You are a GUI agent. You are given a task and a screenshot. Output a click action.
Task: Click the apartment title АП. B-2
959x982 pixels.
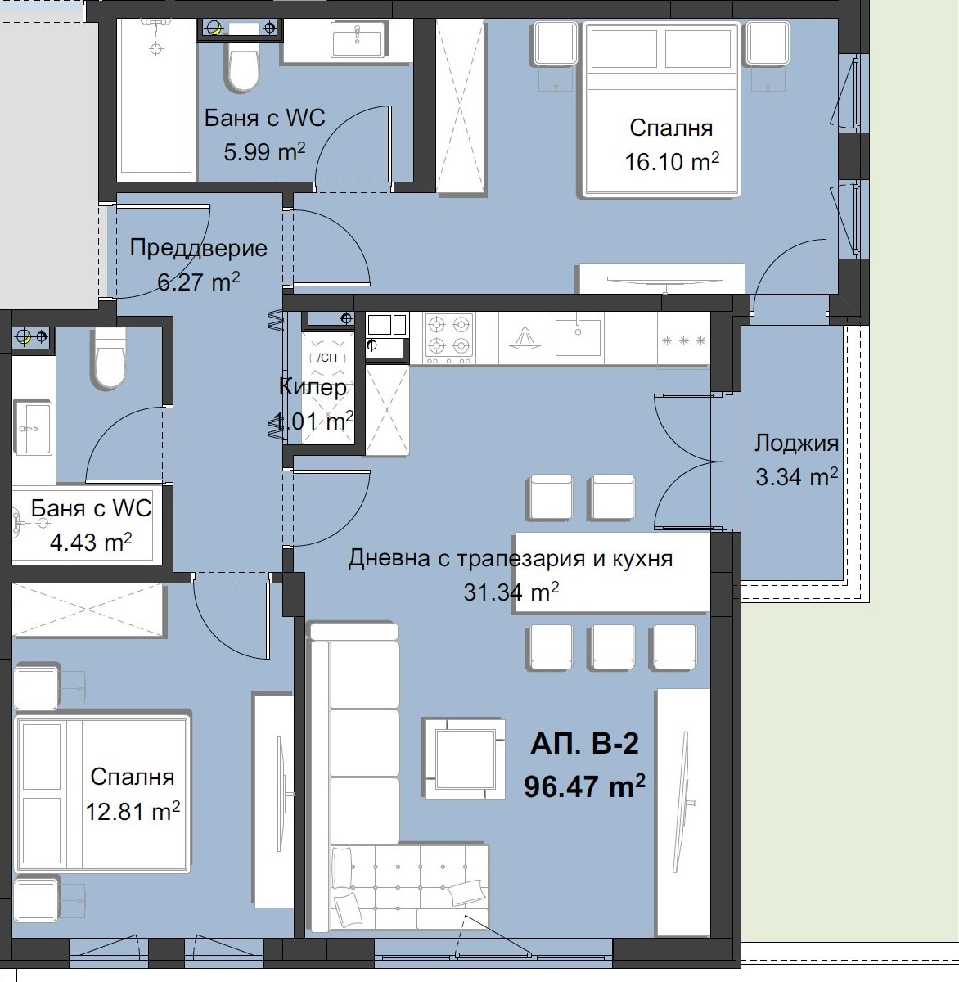click(584, 744)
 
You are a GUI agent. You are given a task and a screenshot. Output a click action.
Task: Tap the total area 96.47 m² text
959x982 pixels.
click(584, 786)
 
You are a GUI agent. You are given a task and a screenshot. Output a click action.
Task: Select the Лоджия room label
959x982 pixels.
click(796, 443)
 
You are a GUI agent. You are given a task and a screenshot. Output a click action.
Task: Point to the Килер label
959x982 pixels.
click(313, 387)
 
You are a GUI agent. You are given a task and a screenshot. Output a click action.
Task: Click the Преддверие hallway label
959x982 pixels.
click(198, 248)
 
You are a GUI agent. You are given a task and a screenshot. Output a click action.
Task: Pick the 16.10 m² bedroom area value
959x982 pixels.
click(672, 162)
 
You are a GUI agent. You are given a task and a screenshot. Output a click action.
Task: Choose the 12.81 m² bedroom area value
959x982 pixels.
click(133, 812)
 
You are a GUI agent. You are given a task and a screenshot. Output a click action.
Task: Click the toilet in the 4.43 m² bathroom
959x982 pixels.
click(109, 358)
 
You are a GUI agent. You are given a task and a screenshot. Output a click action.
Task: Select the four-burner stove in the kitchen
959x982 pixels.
click(448, 338)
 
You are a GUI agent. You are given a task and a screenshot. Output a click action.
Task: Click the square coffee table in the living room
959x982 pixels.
click(465, 759)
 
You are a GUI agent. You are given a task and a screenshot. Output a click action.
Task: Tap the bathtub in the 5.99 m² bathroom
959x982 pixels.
click(156, 100)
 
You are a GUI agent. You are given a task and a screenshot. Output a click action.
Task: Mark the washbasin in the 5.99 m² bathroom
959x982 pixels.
click(358, 38)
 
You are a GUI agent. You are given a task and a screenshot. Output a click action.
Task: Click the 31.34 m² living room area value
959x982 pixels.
click(511, 592)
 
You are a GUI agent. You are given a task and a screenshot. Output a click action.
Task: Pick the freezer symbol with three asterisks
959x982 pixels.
click(683, 340)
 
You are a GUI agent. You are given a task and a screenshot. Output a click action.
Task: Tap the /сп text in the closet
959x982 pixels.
click(327, 358)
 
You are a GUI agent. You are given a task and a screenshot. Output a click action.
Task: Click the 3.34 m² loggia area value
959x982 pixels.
click(796, 476)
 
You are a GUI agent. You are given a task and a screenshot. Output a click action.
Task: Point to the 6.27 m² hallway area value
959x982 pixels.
click(198, 282)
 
